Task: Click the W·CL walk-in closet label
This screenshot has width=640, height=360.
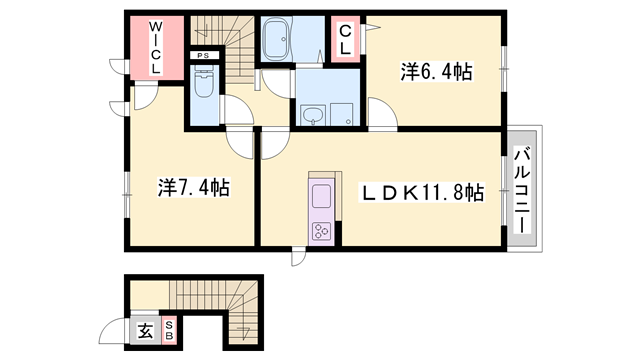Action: tap(157, 47)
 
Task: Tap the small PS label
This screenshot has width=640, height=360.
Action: tap(203, 56)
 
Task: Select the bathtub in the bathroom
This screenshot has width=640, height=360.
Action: tap(289, 41)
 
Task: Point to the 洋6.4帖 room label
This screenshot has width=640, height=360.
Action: tap(436, 72)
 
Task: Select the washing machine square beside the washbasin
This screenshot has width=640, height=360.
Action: tap(345, 113)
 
